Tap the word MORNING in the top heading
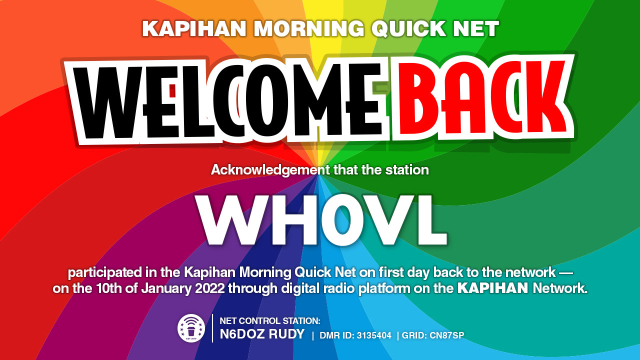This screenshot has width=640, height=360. pyautogui.click(x=309, y=28)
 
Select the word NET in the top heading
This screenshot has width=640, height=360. pyautogui.click(x=475, y=28)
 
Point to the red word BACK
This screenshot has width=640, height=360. pyautogui.click(x=483, y=97)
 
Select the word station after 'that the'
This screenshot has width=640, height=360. pyautogui.click(x=407, y=170)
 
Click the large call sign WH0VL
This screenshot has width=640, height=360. pyautogui.click(x=321, y=220)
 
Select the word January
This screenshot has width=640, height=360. pyautogui.click(x=166, y=288)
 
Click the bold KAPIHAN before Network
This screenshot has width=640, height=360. pyautogui.click(x=493, y=288)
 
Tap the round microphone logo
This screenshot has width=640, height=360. pyautogui.click(x=191, y=328)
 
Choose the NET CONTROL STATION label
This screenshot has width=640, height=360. pyautogui.click(x=270, y=321)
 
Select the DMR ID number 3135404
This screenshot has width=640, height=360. pyautogui.click(x=374, y=335)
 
